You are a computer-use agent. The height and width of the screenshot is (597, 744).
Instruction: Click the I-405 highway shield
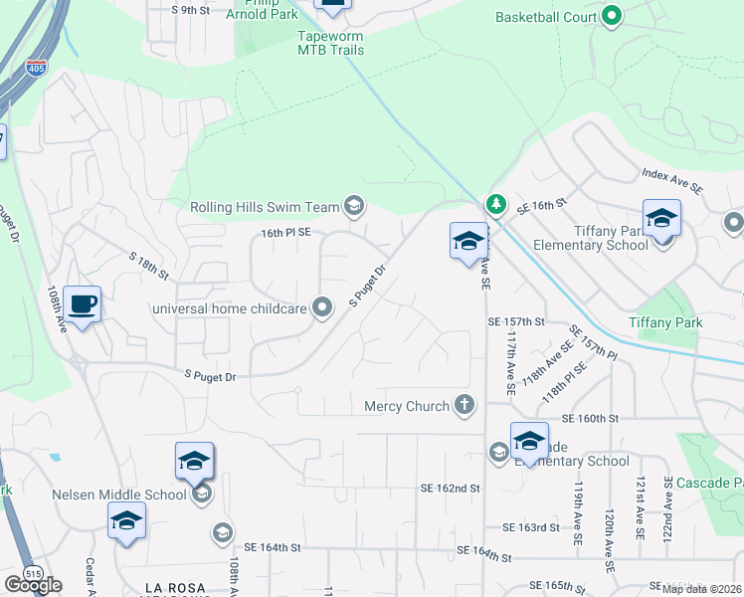click(34, 69)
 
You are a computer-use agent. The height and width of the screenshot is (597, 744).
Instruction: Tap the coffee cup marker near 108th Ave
click(82, 303)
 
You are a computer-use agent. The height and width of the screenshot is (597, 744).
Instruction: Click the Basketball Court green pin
click(612, 17)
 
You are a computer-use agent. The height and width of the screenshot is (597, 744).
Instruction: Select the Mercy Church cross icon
click(463, 405)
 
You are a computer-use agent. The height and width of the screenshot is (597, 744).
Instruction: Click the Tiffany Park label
click(665, 322)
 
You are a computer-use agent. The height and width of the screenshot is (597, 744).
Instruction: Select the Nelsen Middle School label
click(119, 495)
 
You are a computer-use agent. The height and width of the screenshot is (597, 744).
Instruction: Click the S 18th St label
click(149, 265)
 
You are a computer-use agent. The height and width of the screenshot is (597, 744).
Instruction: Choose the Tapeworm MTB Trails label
click(331, 43)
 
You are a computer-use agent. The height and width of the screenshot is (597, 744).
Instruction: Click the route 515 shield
click(34, 574)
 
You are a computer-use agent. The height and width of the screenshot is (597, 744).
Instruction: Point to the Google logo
click(32, 585)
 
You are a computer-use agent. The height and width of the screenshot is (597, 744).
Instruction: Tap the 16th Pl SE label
click(286, 232)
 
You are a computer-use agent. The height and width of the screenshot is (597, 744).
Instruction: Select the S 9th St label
click(191, 10)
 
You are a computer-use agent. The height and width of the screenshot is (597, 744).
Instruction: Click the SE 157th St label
click(516, 322)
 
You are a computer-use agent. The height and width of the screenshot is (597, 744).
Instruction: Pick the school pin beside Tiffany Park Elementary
click(661, 221)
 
